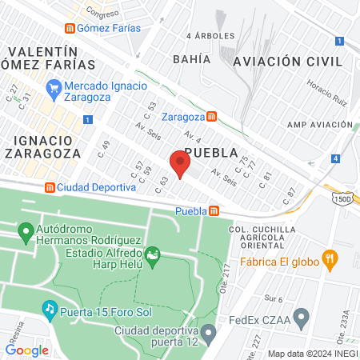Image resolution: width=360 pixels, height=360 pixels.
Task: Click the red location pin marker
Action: coord(180,164)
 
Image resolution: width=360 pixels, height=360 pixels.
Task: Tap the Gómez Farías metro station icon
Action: coord(71,28)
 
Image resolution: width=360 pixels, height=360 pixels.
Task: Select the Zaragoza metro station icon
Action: coord(211,116)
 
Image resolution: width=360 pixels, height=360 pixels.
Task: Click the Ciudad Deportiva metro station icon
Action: coord(50,187)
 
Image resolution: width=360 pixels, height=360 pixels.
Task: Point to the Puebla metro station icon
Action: coord(214,211)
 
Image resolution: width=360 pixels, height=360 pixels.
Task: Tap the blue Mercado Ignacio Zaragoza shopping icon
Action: coord(54,86)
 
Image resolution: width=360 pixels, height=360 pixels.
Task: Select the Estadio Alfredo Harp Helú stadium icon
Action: coord(152,256)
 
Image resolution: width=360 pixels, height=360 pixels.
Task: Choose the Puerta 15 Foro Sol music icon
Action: coord(49,308)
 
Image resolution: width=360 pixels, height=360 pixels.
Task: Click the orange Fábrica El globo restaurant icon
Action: coord(328,258)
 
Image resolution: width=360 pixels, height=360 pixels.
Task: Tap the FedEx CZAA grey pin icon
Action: coord(301,319)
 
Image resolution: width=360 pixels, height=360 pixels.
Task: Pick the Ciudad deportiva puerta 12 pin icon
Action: coord(208,331)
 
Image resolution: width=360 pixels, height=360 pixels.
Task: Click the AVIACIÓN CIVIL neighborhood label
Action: coord(287,62)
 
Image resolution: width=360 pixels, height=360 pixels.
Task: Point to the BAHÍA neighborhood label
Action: coord(191,59)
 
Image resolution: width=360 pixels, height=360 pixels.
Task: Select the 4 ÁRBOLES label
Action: coord(210,36)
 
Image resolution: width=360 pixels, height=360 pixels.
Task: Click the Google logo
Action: coord(26,350)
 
